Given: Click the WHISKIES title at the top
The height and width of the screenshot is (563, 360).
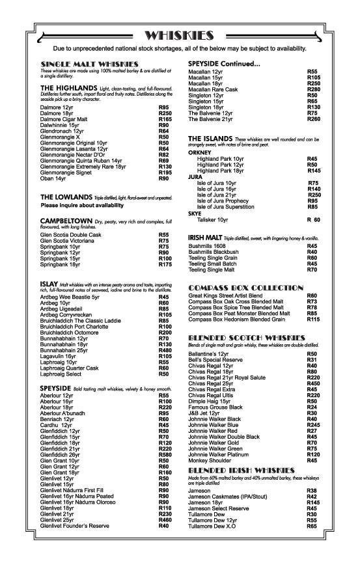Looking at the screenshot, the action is pos(180,35).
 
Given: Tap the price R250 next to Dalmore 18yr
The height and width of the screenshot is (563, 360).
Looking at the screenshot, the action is pos(165,113).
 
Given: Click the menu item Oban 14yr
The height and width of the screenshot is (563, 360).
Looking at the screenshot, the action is pos(53,178).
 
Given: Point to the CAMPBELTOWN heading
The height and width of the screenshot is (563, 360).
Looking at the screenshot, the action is pos(65,221).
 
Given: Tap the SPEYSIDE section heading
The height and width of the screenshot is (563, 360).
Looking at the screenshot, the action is pos(58,388).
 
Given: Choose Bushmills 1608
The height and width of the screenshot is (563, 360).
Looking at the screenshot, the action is pos(208,246).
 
